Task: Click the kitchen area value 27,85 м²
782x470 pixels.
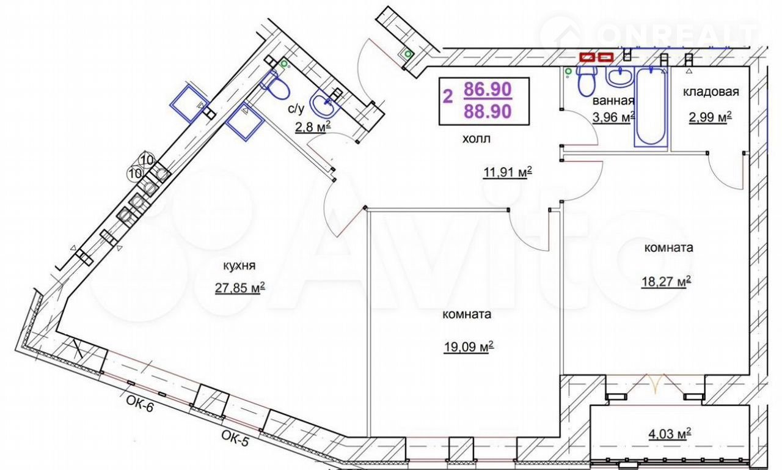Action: tap(240, 288)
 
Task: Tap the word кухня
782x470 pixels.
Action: tap(239, 266)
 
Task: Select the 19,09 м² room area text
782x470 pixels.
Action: tap(469, 347)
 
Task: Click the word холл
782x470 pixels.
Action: tap(477, 139)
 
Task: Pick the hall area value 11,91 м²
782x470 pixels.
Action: tap(508, 172)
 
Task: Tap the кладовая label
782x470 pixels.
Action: tap(711, 92)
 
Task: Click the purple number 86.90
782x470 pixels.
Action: tap(488, 90)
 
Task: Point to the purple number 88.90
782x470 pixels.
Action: tap(488, 111)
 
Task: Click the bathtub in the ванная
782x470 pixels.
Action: tap(651, 107)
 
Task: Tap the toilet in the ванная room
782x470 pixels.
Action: tap(587, 80)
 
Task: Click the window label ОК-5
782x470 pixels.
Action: tap(235, 439)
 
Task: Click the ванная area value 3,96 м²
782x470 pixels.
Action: tap(613, 118)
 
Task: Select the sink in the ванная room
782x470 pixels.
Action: tap(619, 77)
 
